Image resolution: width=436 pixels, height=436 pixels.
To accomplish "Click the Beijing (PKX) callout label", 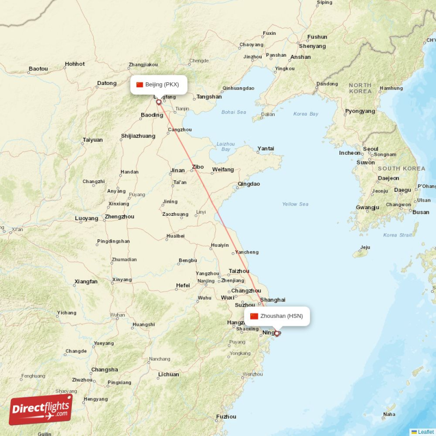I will pyautogui.click(x=159, y=84).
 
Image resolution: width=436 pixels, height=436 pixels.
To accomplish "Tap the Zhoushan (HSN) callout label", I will pyautogui.click(x=277, y=316).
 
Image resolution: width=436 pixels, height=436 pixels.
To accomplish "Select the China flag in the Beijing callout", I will pyautogui.click(x=140, y=84).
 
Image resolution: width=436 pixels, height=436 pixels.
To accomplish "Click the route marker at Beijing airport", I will pyautogui.click(x=159, y=102).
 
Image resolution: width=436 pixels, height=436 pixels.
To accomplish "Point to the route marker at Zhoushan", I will pyautogui.click(x=277, y=334).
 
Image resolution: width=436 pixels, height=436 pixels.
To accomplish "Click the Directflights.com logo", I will pyautogui.click(x=41, y=409).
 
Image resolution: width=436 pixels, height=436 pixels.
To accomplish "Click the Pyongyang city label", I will pyautogui.click(x=360, y=111).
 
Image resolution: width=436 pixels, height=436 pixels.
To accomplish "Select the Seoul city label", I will pyautogui.click(x=371, y=149).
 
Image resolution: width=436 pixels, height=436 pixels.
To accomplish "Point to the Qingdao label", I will pyautogui.click(x=249, y=184).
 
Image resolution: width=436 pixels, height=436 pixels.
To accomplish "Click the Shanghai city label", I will pyautogui.click(x=273, y=300).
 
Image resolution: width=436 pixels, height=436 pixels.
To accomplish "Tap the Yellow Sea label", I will pyautogui.click(x=295, y=204).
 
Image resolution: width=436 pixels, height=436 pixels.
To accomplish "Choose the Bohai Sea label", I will pyautogui.click(x=234, y=112).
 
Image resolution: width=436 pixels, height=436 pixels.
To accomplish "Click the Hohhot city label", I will pyautogui.click(x=75, y=64).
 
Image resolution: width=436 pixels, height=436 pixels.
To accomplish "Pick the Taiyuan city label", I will pyautogui.click(x=93, y=140).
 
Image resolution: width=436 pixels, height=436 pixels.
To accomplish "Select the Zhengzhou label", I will pyautogui.click(x=119, y=216).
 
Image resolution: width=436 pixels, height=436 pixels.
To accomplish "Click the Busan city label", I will pyautogui.click(x=421, y=212).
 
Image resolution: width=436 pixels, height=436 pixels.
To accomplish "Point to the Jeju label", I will pyautogui.click(x=365, y=247).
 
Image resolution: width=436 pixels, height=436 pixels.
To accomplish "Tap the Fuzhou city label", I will pyautogui.click(x=226, y=416).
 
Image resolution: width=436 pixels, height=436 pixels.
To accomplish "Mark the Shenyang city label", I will pyautogui.click(x=312, y=46).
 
